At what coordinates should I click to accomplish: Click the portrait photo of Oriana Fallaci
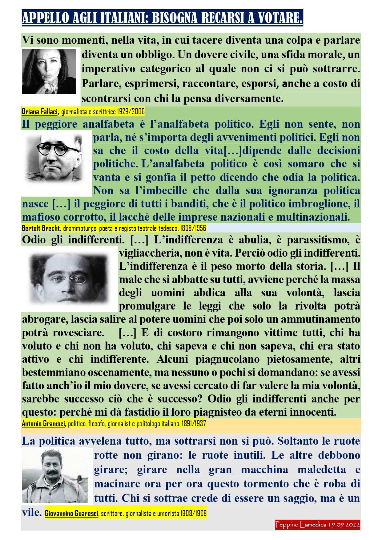pyautogui.click(x=49, y=71)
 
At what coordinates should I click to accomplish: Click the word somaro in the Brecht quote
pyautogui.click(x=306, y=164)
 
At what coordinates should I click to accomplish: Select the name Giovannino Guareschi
pyautogui.click(x=71, y=513)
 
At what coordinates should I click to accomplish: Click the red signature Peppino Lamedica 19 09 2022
pyautogui.click(x=317, y=525)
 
